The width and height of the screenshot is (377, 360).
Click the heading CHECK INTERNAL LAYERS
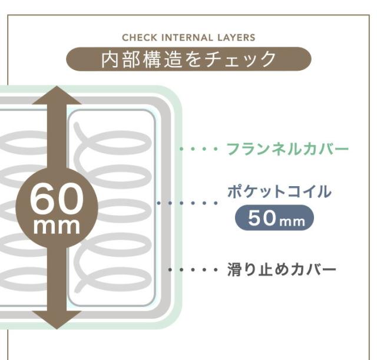[188, 38]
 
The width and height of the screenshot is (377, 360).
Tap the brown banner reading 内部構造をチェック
[188, 59]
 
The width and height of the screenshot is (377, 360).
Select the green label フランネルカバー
[287, 148]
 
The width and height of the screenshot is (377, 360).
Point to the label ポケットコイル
[279, 191]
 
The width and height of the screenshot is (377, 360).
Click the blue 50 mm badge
[275, 217]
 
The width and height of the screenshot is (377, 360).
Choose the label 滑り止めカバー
[282, 270]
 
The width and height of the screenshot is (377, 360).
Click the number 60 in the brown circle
[57, 199]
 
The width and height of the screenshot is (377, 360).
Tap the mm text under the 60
[57, 226]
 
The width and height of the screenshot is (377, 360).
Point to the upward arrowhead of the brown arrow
[57, 95]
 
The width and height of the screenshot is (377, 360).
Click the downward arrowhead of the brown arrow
[57, 320]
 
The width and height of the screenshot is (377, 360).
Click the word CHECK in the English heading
[140, 38]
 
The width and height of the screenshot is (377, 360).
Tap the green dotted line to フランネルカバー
[199, 149]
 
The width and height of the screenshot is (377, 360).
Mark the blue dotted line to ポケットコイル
[187, 203]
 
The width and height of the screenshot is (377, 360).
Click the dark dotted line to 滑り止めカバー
[193, 270]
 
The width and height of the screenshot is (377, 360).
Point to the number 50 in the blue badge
[262, 218]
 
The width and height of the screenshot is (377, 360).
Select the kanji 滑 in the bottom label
[234, 270]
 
